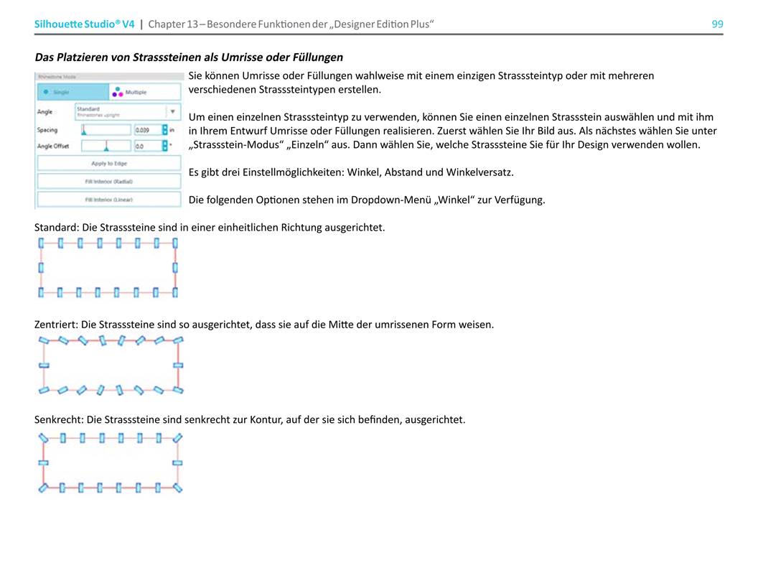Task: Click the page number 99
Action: pos(717,24)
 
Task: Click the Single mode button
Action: pos(72,92)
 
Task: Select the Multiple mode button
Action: pos(143,92)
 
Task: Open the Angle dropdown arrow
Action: pos(172,112)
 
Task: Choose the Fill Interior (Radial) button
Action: pos(109,182)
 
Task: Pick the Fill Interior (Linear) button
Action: pos(109,200)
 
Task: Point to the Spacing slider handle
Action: pos(84,130)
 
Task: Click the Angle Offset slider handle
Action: pos(107,146)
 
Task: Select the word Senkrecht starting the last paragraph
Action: pos(59,419)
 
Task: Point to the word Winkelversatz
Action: pos(480,172)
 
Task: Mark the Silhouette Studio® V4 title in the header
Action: pos(85,24)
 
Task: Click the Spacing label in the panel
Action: pos(47,130)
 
